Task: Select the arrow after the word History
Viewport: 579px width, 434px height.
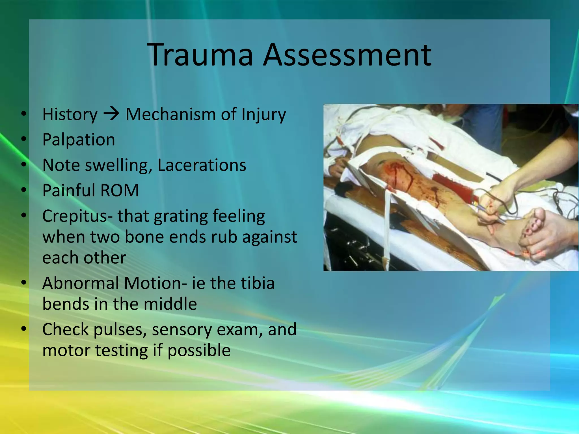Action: click(111, 114)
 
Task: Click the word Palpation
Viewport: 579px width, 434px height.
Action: click(79, 140)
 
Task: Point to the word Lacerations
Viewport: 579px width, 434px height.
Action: click(202, 165)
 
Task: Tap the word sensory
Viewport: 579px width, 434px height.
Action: click(181, 329)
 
